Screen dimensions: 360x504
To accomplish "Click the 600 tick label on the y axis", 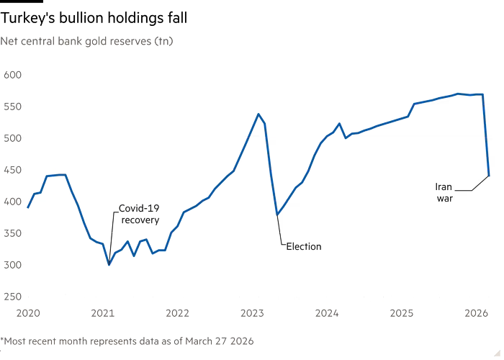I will (x=14, y=74).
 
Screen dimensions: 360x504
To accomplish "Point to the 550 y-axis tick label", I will (x=14, y=106).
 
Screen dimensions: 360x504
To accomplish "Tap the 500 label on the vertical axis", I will (x=14, y=138).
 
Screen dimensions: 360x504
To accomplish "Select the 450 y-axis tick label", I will (x=14, y=169).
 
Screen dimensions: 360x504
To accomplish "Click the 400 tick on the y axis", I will (x=14, y=201).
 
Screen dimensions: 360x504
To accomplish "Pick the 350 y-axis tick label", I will (x=14, y=233).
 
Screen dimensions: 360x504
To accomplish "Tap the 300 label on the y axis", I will (x=14, y=264).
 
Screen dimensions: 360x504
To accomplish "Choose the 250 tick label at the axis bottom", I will (x=14, y=296).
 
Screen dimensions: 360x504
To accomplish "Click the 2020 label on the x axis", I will (x=27, y=313).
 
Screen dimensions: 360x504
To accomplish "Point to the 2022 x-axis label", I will (x=177, y=313).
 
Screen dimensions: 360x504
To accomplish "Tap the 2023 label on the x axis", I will (x=252, y=313).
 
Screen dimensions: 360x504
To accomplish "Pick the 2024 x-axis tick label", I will (x=327, y=313).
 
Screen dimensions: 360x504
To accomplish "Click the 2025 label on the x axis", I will (x=402, y=313).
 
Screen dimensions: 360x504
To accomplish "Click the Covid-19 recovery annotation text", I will (x=139, y=214).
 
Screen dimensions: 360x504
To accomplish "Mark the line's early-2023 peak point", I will (x=258, y=114).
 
